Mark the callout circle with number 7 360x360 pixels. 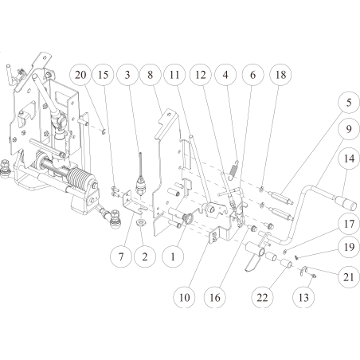pyautogui.click(x=120, y=256)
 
